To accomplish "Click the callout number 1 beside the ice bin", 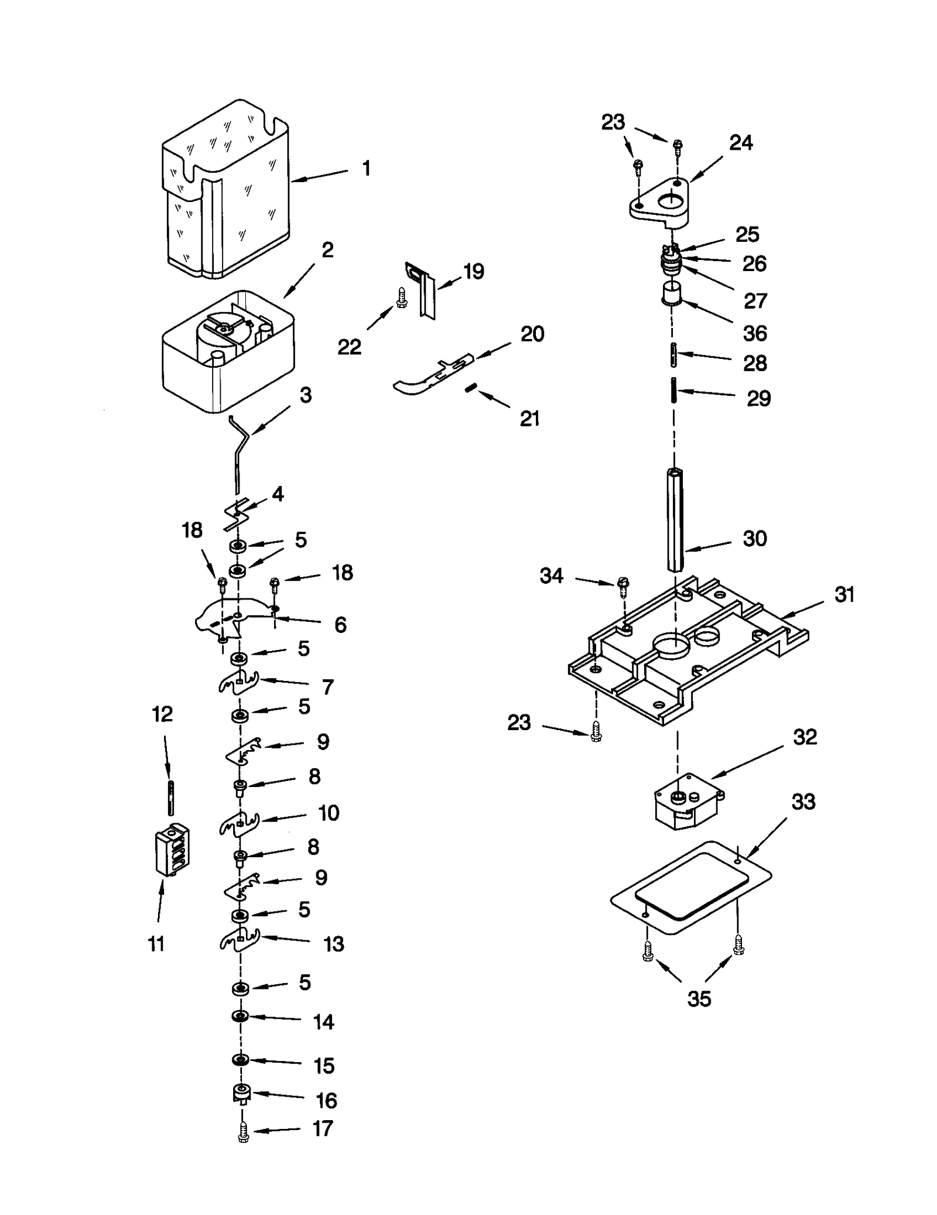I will tap(366, 169).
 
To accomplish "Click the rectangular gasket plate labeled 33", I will tap(691, 887).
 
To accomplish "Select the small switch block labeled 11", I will tap(172, 850).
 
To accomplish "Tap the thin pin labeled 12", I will tap(169, 797).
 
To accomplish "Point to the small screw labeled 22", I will tap(402, 297).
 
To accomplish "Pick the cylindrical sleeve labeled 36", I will tap(672, 293).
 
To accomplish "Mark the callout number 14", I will tap(323, 1022).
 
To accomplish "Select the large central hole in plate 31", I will tap(674, 646).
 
